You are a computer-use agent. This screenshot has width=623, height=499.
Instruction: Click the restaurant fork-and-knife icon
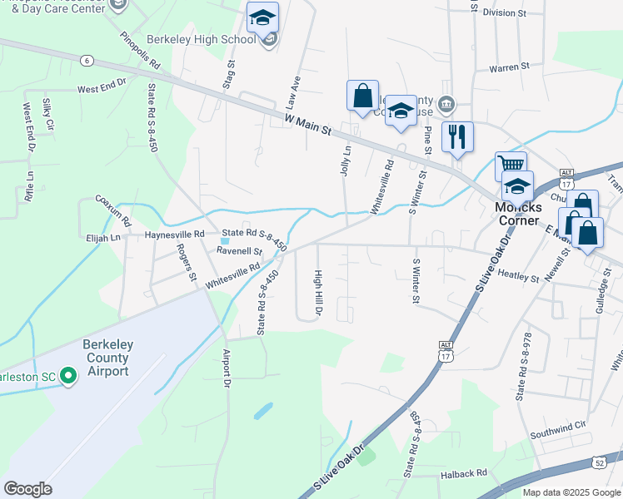point(457,136)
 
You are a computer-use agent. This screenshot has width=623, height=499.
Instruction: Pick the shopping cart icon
point(511,166)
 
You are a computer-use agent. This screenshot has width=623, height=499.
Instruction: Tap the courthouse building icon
point(447,104)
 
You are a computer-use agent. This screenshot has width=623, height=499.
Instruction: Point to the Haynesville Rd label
point(175,235)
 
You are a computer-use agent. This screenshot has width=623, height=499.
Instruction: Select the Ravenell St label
point(239,250)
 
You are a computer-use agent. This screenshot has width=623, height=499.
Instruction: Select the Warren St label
point(509,67)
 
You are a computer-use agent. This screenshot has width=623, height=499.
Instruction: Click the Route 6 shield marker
point(87,60)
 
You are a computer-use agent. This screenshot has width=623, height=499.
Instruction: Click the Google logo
point(27,489)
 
